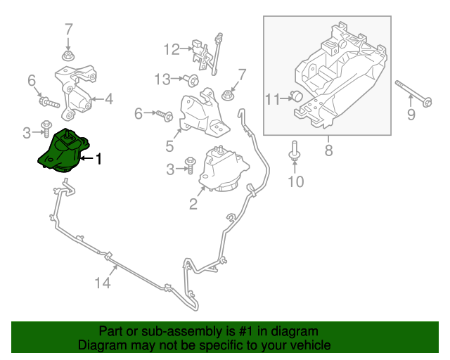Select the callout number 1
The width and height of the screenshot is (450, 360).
tap(98, 160)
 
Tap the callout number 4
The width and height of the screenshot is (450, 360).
tap(109, 99)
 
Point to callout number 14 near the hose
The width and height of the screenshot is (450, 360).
tap(103, 283)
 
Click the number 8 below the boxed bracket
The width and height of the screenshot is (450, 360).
tap(328, 149)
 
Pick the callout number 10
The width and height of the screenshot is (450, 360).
tap(296, 182)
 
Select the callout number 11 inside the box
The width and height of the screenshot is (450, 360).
tap(273, 98)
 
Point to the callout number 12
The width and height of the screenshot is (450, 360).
tap(172, 49)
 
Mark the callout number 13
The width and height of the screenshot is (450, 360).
tap(162, 79)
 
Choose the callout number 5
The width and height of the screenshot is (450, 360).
tap(169, 146)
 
